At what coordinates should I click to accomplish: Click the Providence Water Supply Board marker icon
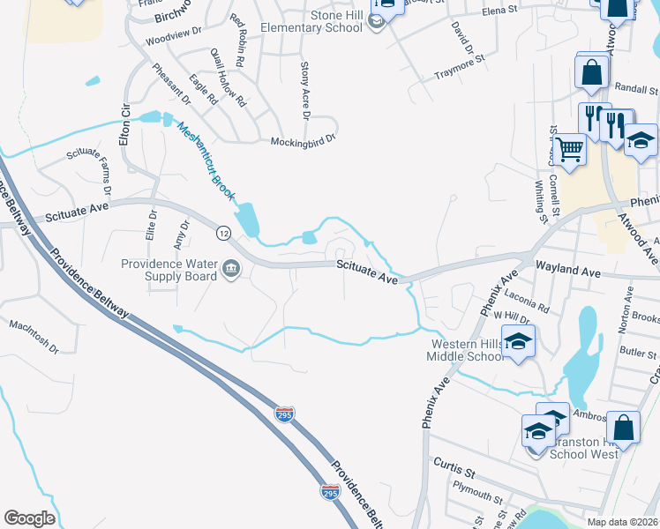coord(231,268)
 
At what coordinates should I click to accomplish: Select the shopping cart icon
coord(571,150)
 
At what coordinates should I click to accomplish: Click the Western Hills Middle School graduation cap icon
coord(519,341)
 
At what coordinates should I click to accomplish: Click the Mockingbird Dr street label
coord(304,139)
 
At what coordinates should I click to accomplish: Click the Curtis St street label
coord(454,463)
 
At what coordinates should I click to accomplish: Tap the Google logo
coord(29,518)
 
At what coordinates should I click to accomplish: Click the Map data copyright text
coord(623,522)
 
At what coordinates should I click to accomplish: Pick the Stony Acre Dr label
coord(304,91)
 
